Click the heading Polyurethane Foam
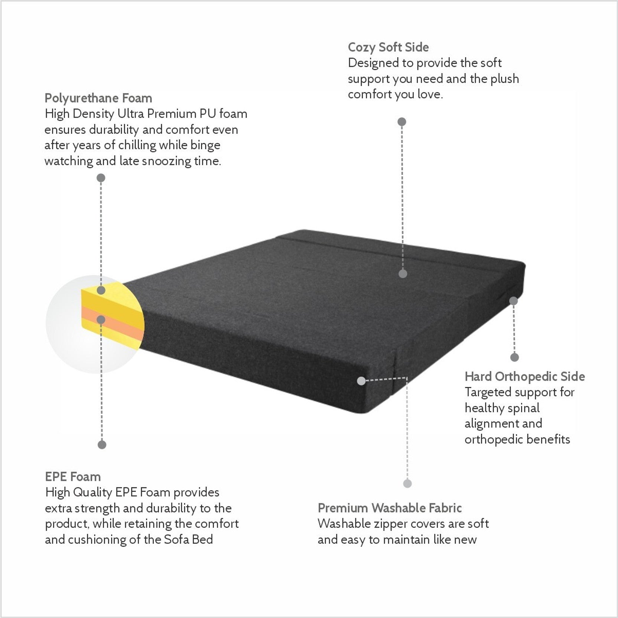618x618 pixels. click(x=98, y=98)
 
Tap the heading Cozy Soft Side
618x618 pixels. click(x=388, y=47)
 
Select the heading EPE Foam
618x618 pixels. click(x=73, y=476)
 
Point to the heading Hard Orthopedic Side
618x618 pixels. click(x=525, y=377)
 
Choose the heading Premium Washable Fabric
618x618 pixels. click(x=390, y=508)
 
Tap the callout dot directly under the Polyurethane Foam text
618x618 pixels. click(x=101, y=178)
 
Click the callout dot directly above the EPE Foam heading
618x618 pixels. click(x=102, y=445)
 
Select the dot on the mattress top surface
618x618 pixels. click(x=403, y=274)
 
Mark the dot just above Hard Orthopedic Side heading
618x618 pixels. click(x=514, y=357)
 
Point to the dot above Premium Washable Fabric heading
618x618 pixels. click(x=407, y=484)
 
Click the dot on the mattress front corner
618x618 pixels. click(x=361, y=381)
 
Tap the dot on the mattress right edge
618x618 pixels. click(x=513, y=301)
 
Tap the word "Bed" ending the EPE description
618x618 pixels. click(x=202, y=539)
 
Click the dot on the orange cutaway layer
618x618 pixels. click(x=101, y=319)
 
